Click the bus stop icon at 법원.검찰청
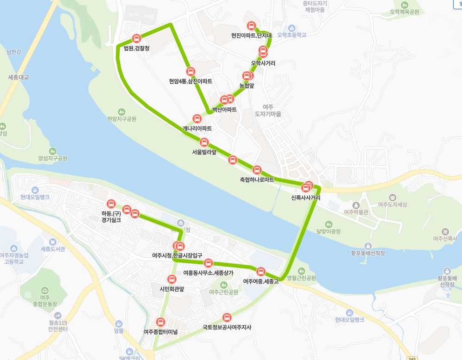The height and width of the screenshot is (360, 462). click(x=136, y=38)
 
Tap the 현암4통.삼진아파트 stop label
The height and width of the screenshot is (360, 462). click(x=191, y=81)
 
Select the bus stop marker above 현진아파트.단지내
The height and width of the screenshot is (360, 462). click(x=252, y=26)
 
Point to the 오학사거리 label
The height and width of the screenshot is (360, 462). click(x=263, y=63)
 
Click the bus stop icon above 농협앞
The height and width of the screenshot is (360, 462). click(x=246, y=76)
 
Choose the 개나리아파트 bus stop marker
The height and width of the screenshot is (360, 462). click(x=197, y=118)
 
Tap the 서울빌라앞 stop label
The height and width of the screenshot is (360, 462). click(x=204, y=152)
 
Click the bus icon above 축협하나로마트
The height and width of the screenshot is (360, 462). click(x=257, y=170)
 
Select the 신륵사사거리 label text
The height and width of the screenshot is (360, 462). click(x=306, y=198)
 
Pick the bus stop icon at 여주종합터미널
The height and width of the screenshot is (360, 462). click(x=160, y=322)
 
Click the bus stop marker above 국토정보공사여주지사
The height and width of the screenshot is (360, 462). click(x=227, y=317)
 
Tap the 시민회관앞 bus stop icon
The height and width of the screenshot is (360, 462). click(x=172, y=279)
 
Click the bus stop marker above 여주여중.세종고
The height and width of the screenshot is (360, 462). click(x=261, y=272)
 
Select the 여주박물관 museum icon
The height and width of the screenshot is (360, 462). click(x=356, y=205)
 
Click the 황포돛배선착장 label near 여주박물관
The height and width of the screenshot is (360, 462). click(x=368, y=253)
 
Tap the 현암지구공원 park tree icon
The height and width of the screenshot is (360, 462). click(x=122, y=112)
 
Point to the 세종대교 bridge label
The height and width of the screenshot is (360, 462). click(x=18, y=77)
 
